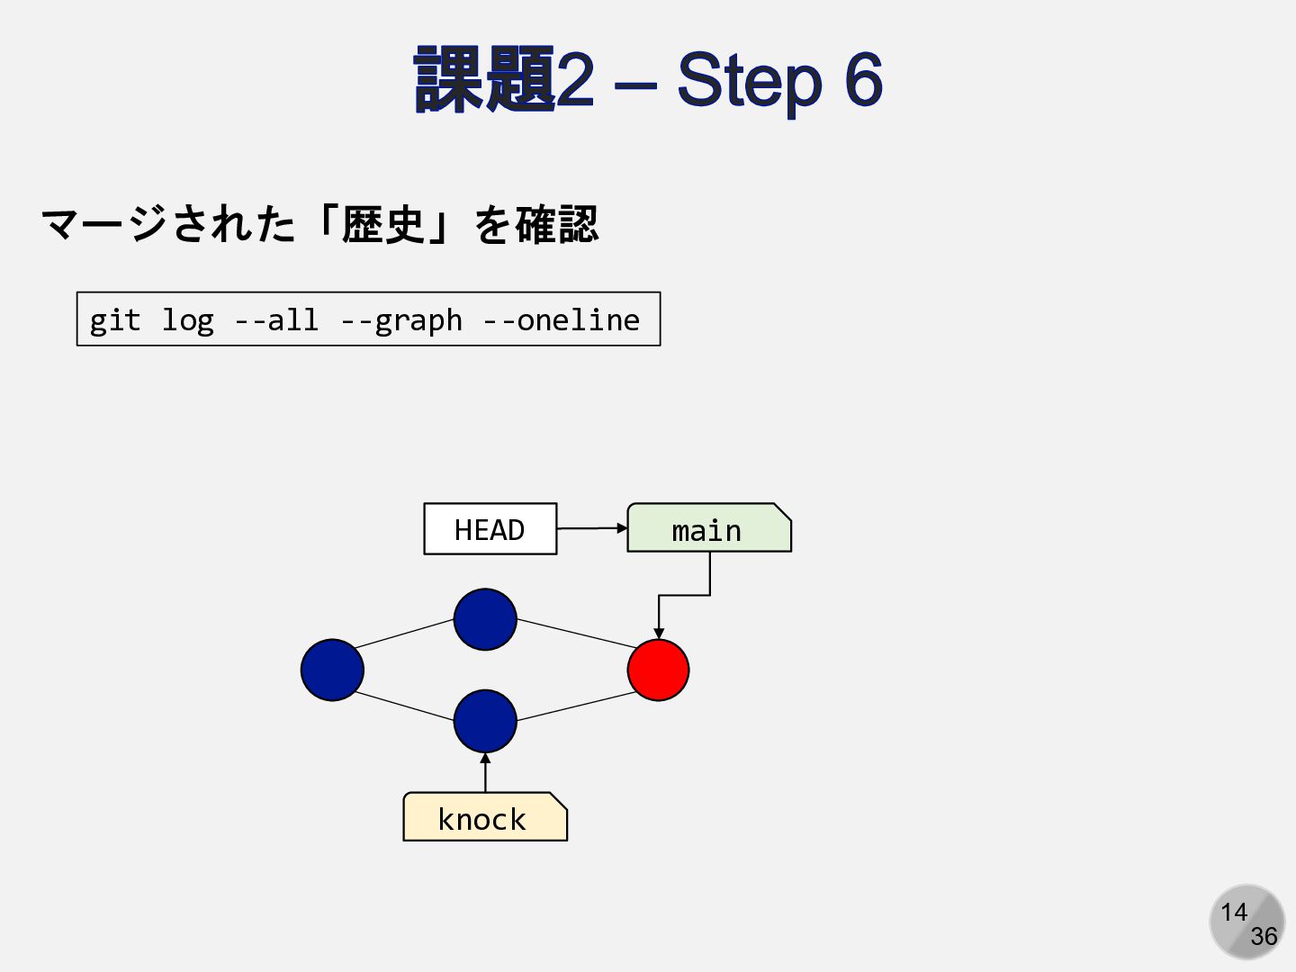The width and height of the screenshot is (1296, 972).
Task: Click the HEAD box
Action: (490, 529)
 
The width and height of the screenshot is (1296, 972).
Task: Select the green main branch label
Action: (708, 529)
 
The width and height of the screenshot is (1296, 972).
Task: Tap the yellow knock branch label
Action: (484, 817)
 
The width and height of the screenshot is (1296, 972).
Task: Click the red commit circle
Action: (658, 670)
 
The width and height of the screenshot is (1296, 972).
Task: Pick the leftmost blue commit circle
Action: (332, 670)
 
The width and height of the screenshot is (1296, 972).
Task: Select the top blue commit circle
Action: (485, 619)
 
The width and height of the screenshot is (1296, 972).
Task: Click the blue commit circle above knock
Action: (485, 720)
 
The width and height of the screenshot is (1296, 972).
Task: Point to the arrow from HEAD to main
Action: (591, 528)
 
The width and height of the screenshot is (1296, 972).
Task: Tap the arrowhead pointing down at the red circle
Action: (659, 633)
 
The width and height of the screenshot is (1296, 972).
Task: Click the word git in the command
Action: (114, 320)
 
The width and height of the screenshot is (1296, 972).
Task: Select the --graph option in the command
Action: (400, 320)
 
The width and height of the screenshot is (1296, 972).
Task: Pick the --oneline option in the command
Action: (561, 320)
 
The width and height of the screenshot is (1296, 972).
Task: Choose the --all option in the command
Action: (275, 320)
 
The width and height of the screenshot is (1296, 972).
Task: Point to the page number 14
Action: (1233, 913)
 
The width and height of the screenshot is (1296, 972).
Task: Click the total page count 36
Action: (1264, 937)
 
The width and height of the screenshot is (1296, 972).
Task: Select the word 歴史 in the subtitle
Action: (382, 224)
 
